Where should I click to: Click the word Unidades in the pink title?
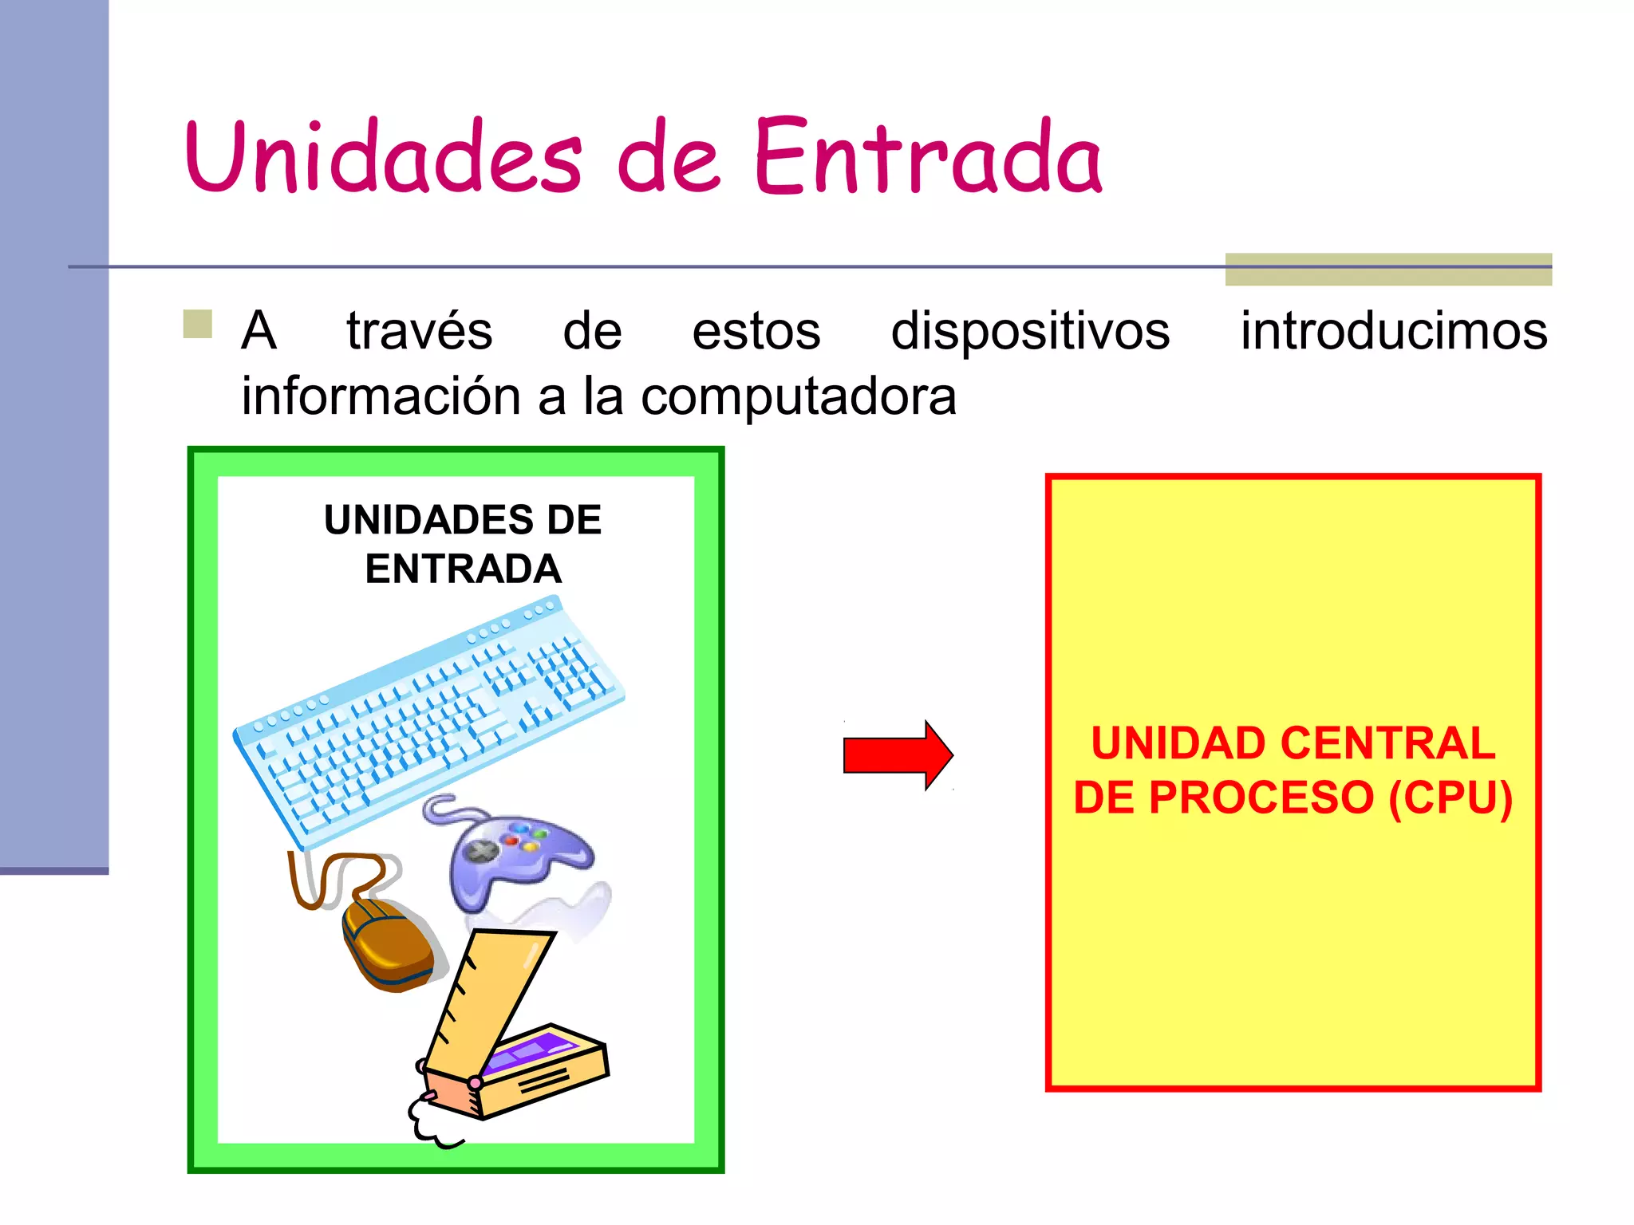click(383, 157)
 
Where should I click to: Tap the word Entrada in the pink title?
click(928, 157)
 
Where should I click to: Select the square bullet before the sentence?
click(197, 325)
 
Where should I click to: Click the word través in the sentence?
click(419, 331)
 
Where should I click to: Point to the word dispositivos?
click(1030, 331)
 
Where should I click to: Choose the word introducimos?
click(1394, 331)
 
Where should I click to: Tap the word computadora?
click(798, 396)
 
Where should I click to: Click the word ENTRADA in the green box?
click(463, 569)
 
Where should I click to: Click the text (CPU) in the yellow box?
click(1450, 798)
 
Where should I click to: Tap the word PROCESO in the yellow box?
click(1261, 798)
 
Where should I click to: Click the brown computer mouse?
click(387, 945)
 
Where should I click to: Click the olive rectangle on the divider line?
click(1388, 270)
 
